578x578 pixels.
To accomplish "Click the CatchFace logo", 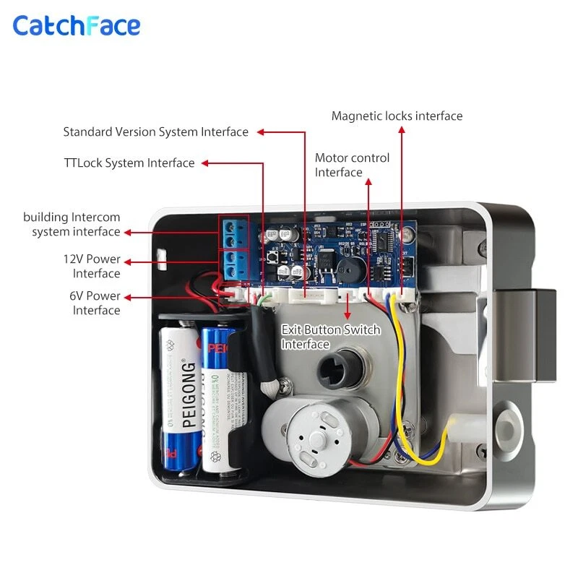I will click(x=76, y=26).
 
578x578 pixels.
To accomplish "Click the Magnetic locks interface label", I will click(x=397, y=116).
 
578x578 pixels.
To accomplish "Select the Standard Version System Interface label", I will click(x=155, y=132).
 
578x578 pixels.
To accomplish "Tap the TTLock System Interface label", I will click(x=129, y=163).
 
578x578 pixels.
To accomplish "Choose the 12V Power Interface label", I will click(x=91, y=266).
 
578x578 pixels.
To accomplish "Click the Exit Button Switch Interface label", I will click(x=330, y=337).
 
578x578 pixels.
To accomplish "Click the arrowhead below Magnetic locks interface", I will click(x=402, y=131).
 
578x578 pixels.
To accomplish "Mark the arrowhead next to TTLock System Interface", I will click(x=205, y=163).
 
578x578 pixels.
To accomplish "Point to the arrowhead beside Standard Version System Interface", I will click(x=262, y=132).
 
